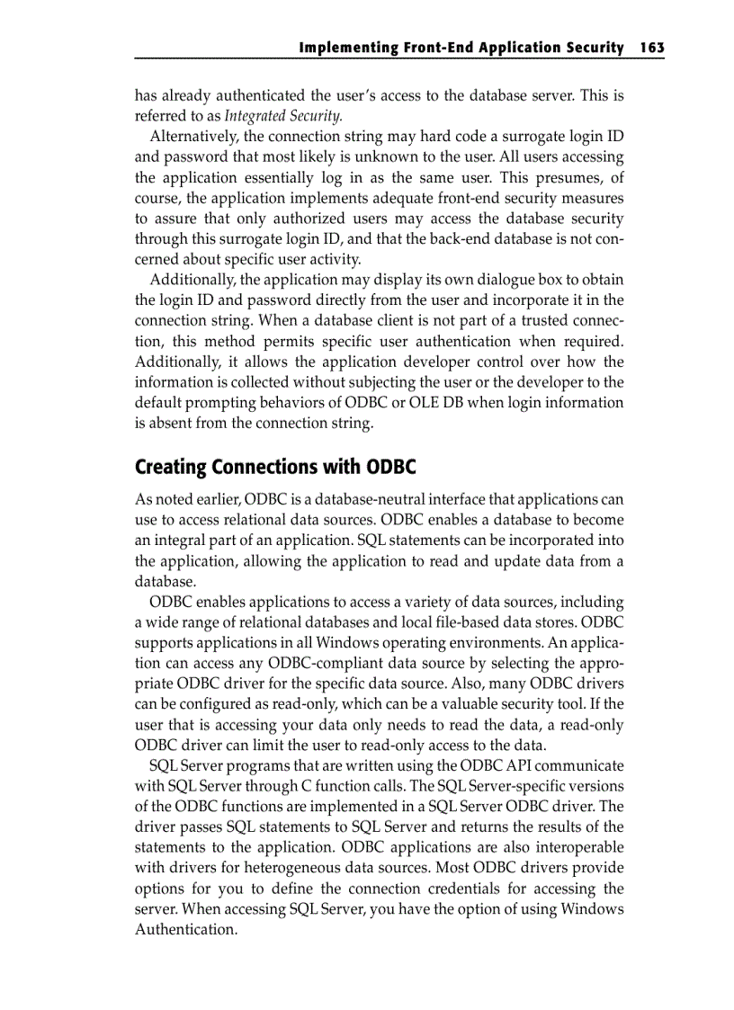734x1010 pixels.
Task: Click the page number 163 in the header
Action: coord(652,48)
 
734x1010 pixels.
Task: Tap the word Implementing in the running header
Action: coord(343,48)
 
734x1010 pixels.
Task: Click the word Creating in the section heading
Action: coord(170,468)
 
